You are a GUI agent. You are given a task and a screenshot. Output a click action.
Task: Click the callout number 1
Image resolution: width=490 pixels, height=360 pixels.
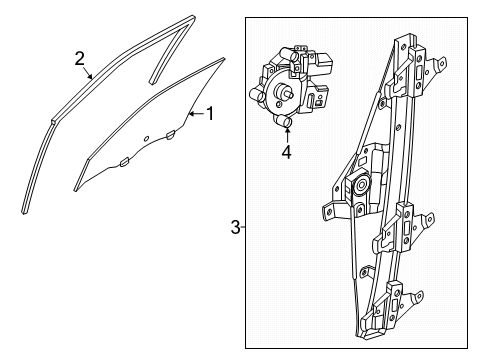[209, 113]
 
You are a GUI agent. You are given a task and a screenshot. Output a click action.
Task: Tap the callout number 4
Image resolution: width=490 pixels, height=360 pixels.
[286, 153]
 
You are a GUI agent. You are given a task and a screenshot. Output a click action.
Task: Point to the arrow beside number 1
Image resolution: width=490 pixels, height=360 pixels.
[196, 114]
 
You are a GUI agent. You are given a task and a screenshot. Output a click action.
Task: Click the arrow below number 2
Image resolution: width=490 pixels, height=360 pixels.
[90, 73]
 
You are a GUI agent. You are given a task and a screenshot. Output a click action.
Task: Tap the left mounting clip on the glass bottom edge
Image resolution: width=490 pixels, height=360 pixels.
[123, 160]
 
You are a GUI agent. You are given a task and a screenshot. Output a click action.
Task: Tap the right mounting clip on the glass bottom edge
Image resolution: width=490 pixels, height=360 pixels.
[171, 133]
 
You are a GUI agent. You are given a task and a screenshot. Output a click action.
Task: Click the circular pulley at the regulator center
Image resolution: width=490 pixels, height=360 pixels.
[359, 186]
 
